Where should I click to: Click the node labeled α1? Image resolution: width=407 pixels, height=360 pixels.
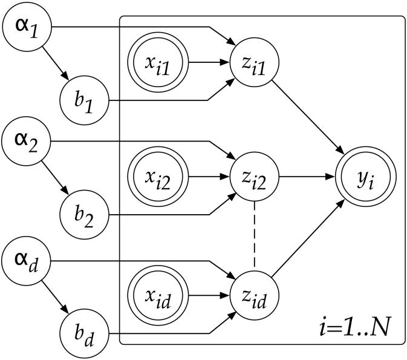[26, 27]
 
